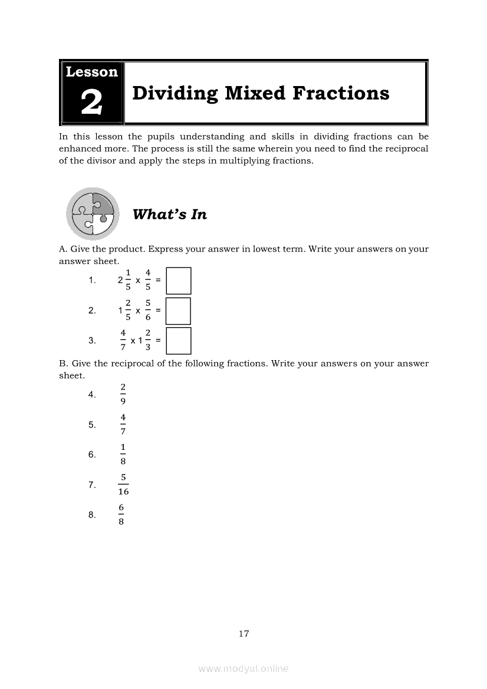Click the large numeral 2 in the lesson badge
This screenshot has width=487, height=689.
point(91,103)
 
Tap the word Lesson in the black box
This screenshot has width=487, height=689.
point(91,72)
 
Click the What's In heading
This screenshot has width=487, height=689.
point(170,215)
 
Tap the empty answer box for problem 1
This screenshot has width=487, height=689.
point(178,281)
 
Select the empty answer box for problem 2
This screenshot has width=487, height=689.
point(178,311)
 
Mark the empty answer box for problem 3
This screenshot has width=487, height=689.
point(178,341)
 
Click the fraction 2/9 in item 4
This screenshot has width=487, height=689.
point(123,394)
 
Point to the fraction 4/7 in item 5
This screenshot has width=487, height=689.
point(123,424)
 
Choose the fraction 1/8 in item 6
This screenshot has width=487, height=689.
point(123,454)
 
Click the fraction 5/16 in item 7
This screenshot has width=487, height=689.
point(123,484)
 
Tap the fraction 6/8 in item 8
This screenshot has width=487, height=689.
point(121,515)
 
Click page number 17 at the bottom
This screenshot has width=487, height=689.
point(244,634)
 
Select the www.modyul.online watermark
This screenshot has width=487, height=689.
point(244,669)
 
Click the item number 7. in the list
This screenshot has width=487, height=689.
point(92,485)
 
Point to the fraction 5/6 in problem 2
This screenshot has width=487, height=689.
point(148,310)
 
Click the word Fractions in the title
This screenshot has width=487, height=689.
point(341,93)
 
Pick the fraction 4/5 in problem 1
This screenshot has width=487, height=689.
point(148,280)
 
